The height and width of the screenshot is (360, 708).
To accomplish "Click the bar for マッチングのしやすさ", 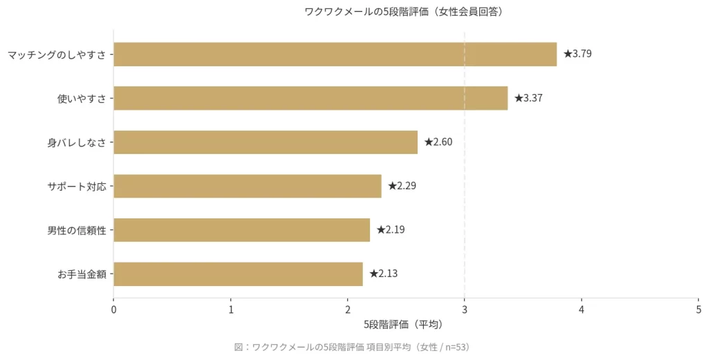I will (x=335, y=54).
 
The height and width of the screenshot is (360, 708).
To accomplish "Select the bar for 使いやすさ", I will (x=310, y=98).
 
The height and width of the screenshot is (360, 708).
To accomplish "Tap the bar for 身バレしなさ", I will (x=265, y=142).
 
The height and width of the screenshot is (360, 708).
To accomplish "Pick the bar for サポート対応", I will (x=248, y=186).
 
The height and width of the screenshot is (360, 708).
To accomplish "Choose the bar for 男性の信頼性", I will (x=241, y=230).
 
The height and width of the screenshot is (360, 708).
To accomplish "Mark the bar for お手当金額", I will (x=238, y=274).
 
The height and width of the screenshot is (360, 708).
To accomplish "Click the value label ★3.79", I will (x=577, y=54).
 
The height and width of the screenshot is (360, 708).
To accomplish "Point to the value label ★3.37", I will (x=528, y=98).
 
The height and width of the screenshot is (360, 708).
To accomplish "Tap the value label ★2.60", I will (x=438, y=142).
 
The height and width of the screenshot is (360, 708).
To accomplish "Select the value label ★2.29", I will (x=402, y=186).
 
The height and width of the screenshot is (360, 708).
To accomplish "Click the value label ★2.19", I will (x=391, y=230).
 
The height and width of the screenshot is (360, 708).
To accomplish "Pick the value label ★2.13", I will (x=383, y=274).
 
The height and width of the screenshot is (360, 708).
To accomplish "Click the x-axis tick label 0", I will (x=113, y=309).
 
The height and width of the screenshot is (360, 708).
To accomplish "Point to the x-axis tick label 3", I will (x=465, y=309).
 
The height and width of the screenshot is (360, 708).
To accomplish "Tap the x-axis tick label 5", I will (x=698, y=309).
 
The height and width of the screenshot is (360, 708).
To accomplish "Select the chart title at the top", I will (x=403, y=12).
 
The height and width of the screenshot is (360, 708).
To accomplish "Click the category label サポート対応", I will (x=77, y=187).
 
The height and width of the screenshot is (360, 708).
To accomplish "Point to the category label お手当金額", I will (x=82, y=274).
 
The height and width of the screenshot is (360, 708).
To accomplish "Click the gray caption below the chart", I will (x=352, y=347).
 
